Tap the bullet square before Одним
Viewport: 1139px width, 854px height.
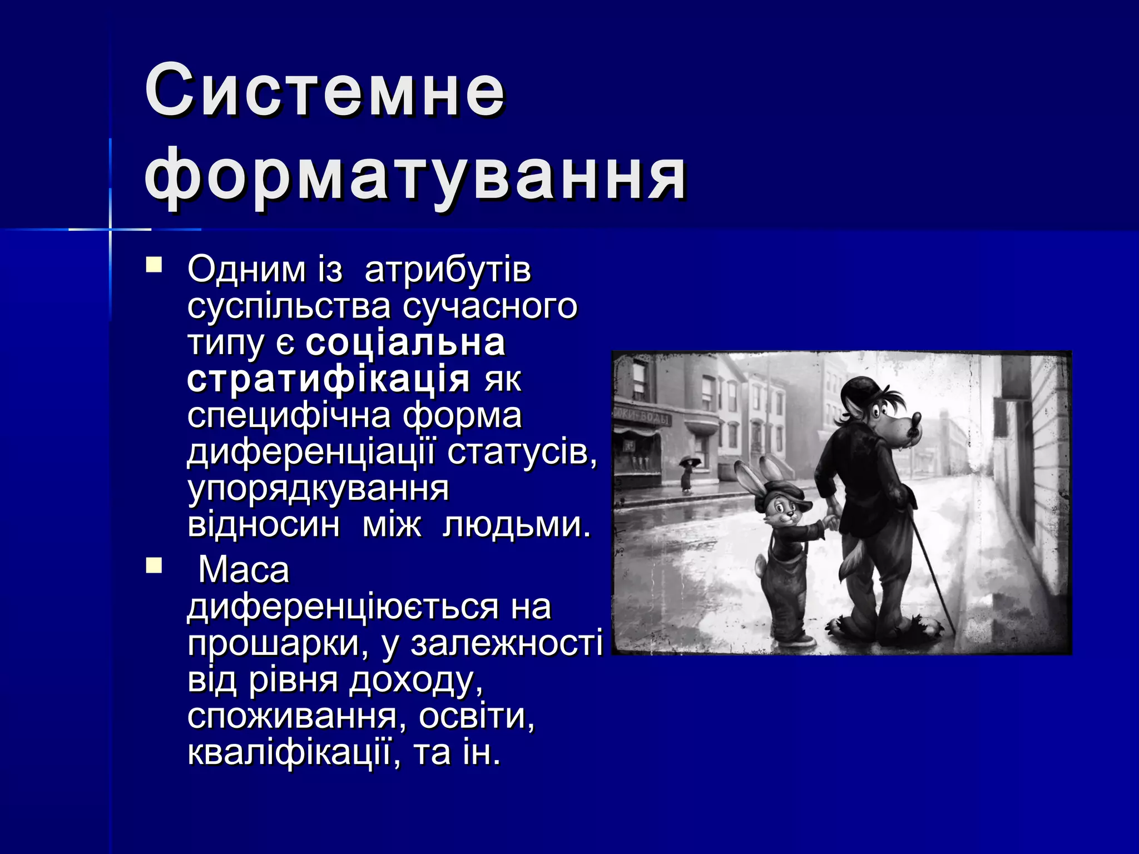(x=153, y=265)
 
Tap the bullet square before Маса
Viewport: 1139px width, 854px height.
(x=153, y=566)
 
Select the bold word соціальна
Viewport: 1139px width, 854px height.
(x=405, y=342)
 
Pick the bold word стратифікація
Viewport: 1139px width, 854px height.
(x=329, y=379)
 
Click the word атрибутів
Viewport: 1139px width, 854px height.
(x=448, y=270)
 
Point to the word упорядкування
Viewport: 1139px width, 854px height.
(x=318, y=489)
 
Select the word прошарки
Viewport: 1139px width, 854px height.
(x=278, y=643)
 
